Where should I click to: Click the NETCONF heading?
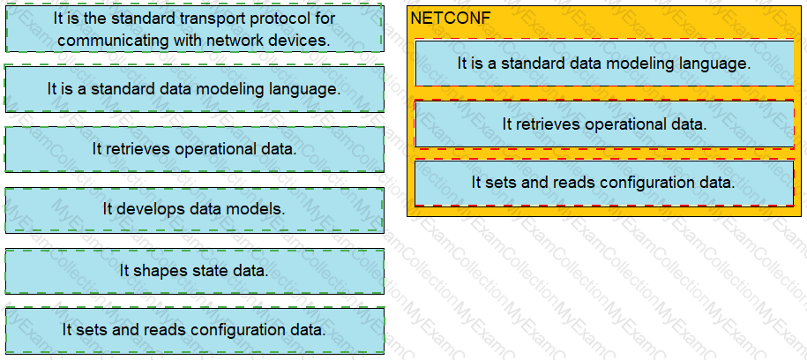451,19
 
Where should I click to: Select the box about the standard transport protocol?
194,29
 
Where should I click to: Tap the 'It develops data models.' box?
194,209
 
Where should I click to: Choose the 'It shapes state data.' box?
194,270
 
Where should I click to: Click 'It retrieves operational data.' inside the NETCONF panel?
604,124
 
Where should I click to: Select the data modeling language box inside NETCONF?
604,64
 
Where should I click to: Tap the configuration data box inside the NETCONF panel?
604,183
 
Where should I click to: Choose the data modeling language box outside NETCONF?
194,89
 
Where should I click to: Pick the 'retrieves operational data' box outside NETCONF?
194,149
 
